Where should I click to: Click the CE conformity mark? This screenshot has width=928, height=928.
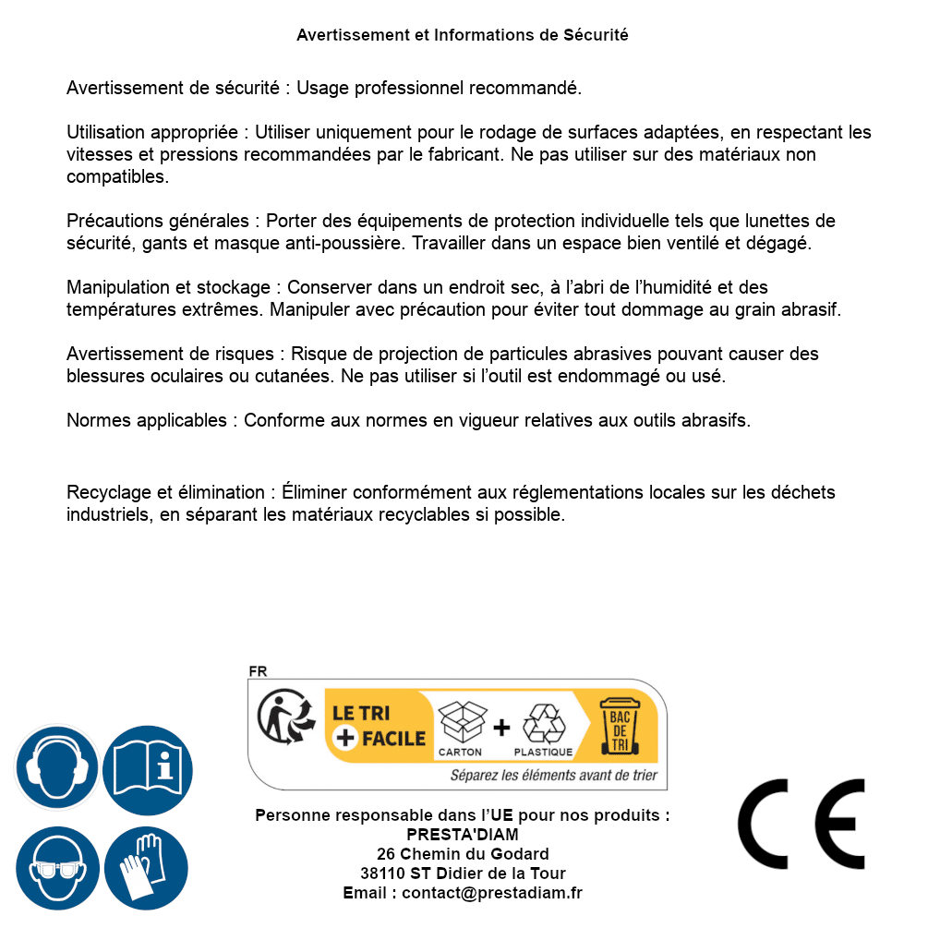coord(801,824)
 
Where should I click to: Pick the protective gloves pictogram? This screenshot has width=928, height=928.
coord(147,869)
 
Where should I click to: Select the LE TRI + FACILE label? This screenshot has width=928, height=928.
coord(379,725)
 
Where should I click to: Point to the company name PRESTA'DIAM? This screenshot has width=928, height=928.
coord(463,835)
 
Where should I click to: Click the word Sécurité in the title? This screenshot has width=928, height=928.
coord(596,35)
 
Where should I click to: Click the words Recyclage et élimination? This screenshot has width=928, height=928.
coord(166,493)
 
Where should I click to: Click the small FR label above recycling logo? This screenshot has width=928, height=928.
coord(258,671)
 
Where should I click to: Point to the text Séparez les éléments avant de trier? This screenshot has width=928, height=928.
coord(553,775)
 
